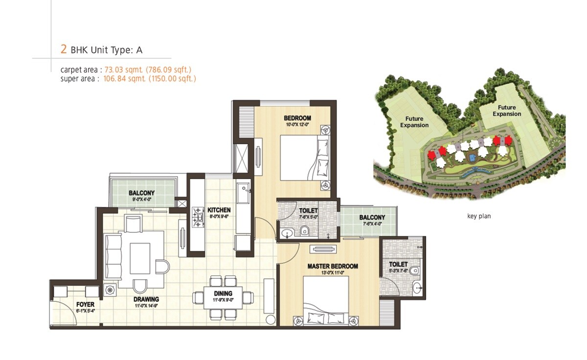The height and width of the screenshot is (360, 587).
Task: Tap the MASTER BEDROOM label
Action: [x=333, y=267]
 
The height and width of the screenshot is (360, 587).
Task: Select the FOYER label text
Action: [x=85, y=304]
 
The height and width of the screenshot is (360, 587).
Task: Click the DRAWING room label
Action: [x=147, y=299]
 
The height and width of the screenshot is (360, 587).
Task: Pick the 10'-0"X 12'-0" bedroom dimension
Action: [x=297, y=125]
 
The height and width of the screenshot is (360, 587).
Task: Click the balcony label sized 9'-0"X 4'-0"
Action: [x=141, y=193]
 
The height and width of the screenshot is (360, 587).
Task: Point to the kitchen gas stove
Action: [x=199, y=215]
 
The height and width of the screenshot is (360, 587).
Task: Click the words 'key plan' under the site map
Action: [x=479, y=216]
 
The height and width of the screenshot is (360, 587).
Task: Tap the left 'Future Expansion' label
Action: [x=414, y=121]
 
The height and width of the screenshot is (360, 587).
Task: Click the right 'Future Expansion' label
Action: [x=507, y=111]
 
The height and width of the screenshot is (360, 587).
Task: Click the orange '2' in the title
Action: [x=63, y=49]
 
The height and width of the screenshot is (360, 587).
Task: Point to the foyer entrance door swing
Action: [x=61, y=313]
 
